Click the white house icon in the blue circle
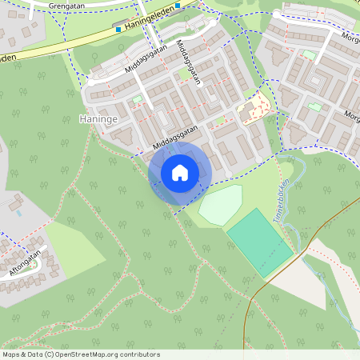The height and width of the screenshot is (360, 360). pyautogui.click(x=180, y=173)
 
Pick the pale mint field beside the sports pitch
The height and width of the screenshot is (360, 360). pyautogui.click(x=220, y=204)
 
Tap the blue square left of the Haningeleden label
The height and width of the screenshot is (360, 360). pyautogui.click(x=118, y=29)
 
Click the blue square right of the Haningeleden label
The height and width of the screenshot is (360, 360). pyautogui.click(x=178, y=4)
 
